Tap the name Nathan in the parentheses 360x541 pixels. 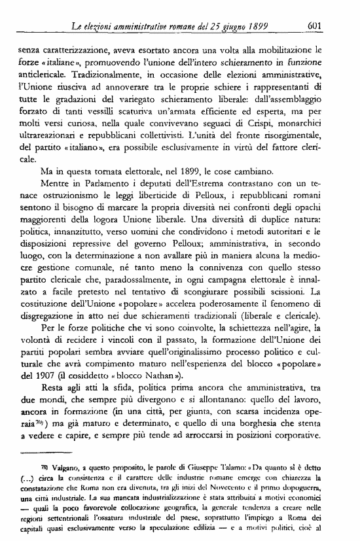point(149,375)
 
